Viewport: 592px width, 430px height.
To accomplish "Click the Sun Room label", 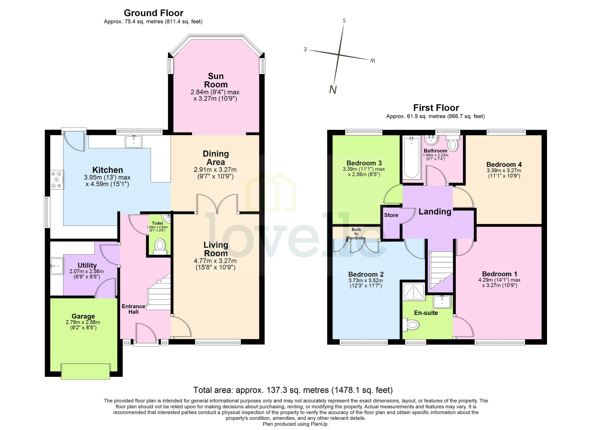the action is (x=216, y=80).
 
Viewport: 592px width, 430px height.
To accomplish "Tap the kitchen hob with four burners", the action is (x=57, y=180).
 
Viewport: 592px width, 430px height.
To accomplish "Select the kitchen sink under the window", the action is (x=134, y=142).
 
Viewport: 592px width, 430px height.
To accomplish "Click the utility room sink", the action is (x=57, y=266).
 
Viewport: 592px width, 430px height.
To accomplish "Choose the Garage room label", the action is (x=83, y=316).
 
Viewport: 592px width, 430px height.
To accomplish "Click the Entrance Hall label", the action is (x=133, y=309).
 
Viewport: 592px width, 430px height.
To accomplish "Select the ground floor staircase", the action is (x=159, y=292).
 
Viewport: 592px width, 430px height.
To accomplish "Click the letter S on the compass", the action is (x=344, y=21).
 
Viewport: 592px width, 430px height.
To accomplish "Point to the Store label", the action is (x=391, y=215).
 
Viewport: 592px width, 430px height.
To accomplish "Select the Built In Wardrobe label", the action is (x=356, y=234).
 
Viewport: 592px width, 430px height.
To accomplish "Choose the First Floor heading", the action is (x=436, y=108).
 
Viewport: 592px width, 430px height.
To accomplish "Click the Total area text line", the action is (x=293, y=390).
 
